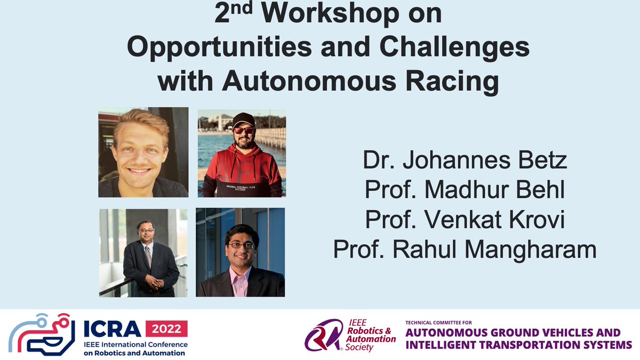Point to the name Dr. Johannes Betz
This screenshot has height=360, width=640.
[x=465, y=161]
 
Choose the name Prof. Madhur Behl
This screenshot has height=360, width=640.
[x=465, y=190]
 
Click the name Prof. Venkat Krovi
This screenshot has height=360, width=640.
[x=465, y=220]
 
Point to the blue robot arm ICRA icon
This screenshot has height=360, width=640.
[x=38, y=334]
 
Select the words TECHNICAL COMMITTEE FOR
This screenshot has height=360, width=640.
[x=439, y=323]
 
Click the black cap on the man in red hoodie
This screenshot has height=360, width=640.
[x=243, y=119]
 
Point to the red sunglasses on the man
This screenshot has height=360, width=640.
[x=244, y=130]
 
